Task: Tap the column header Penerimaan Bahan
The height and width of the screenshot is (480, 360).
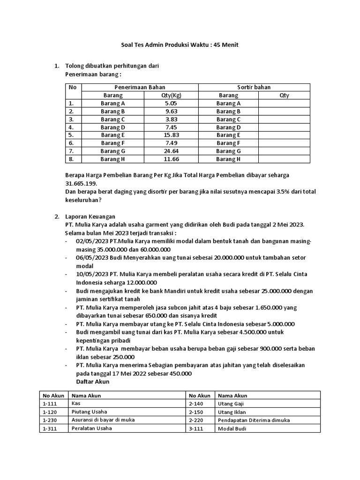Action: tap(140, 87)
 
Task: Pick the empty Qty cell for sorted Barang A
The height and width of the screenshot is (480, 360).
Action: tap(284, 103)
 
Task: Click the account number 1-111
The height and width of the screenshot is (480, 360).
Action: tap(49, 404)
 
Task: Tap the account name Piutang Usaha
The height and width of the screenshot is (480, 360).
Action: tap(86, 412)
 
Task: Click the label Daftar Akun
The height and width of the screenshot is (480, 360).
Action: tap(92, 382)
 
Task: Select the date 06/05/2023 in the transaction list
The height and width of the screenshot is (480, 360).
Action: tap(91, 257)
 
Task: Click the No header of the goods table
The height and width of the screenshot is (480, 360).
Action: tap(72, 87)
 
